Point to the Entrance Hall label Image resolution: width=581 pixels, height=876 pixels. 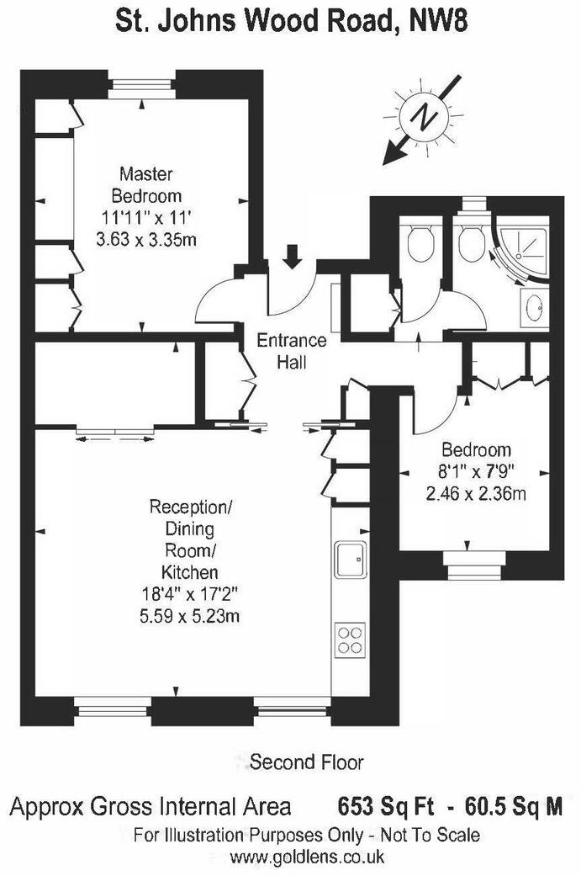coord(291,352)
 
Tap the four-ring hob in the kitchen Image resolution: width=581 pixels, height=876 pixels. coord(350,640)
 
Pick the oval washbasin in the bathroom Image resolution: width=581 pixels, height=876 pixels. coord(534,308)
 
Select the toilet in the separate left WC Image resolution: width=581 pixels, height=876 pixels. coord(419,243)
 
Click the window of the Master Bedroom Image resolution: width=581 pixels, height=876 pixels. coord(140,87)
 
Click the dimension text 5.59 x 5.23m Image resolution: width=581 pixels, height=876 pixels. coord(191,617)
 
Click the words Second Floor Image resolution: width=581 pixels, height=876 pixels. coord(308,762)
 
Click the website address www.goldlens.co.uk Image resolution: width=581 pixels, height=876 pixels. coord(307,857)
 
